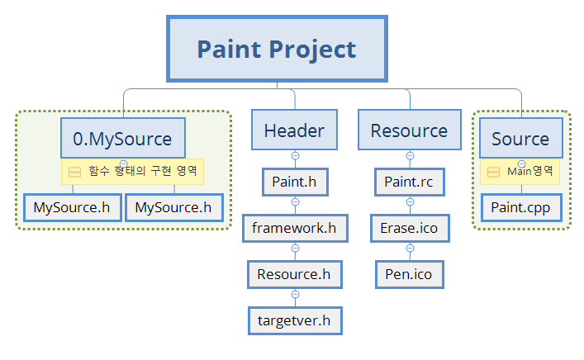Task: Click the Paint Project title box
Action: (276, 49)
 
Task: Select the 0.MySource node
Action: (122, 139)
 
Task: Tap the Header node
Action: (294, 130)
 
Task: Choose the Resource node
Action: (409, 130)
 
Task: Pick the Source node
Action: (520, 139)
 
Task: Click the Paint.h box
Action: (295, 181)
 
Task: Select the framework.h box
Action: (295, 227)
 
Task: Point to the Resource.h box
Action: (294, 273)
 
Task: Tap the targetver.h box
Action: (295, 320)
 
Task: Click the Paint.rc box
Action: (409, 181)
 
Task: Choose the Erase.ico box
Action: (409, 227)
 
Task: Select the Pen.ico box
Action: (409, 273)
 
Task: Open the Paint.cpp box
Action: (520, 206)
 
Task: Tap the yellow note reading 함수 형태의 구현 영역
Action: (132, 172)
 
